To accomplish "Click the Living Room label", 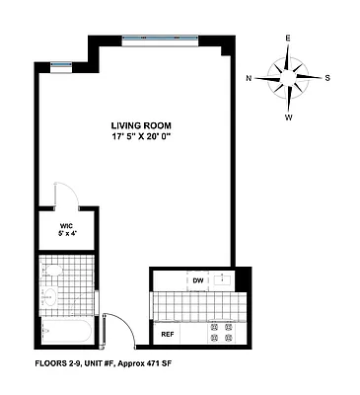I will pyautogui.click(x=138, y=124).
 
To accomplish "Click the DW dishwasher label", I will pyautogui.click(x=196, y=280).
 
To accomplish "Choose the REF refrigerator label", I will pyautogui.click(x=168, y=334).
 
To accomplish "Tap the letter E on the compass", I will pyautogui.click(x=288, y=39).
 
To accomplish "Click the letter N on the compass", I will pyautogui.click(x=250, y=77).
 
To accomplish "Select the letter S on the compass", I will pyautogui.click(x=327, y=77).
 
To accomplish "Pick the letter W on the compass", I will pyautogui.click(x=289, y=117).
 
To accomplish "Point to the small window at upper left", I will pyautogui.click(x=59, y=64).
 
